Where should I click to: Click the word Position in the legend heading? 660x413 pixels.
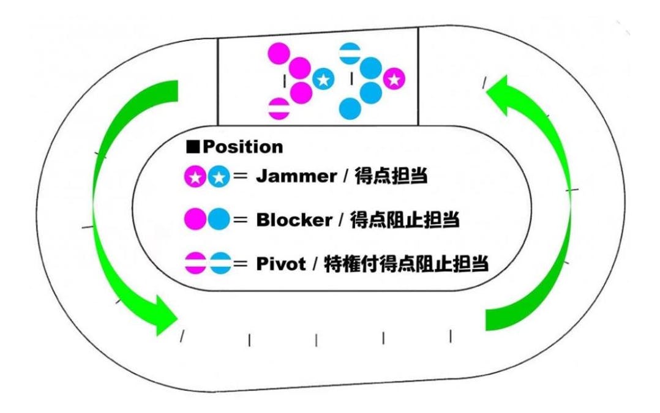click(x=243, y=147)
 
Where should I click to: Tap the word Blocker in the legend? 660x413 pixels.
click(x=294, y=220)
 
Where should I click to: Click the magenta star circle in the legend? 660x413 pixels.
click(x=195, y=177)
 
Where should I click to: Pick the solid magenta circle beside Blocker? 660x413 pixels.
click(x=195, y=219)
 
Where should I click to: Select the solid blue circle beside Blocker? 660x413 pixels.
click(x=219, y=219)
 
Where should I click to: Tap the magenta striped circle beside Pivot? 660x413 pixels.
click(x=195, y=264)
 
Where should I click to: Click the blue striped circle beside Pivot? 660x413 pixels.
click(x=219, y=264)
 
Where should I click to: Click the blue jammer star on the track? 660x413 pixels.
click(x=323, y=79)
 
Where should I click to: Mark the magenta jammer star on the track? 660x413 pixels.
click(x=394, y=79)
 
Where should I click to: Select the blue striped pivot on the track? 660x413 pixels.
click(x=350, y=53)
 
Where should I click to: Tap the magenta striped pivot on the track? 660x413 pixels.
click(x=279, y=108)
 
